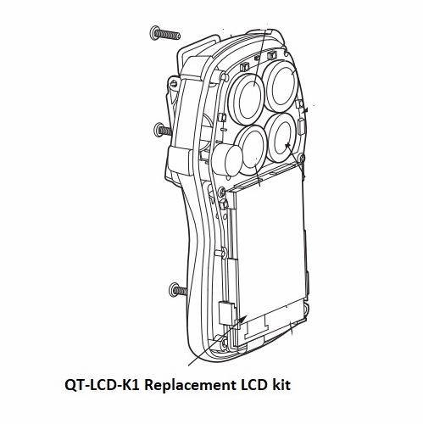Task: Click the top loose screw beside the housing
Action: pyautogui.click(x=166, y=33)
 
